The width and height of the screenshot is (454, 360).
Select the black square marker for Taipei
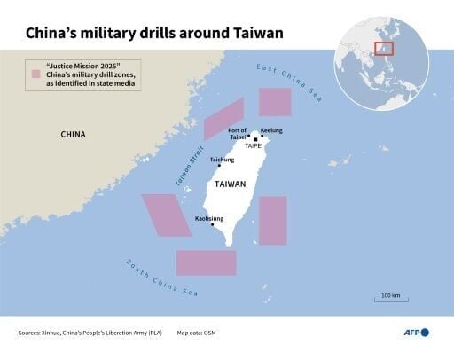click(256, 139)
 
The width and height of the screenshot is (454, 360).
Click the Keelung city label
click(271, 130)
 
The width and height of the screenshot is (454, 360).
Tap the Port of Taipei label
click(236, 135)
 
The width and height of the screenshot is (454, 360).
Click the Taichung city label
click(222, 160)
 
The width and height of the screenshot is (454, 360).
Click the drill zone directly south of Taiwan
click(206, 262)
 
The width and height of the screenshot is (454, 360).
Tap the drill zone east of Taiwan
click(272, 221)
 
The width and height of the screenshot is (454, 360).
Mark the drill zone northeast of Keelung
click(274, 102)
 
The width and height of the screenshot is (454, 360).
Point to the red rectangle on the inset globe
click(384, 48)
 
